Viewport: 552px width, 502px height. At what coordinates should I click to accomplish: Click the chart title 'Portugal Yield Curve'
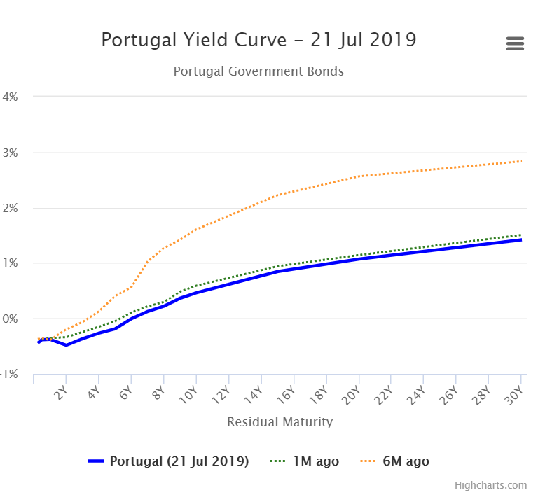(x=194, y=40)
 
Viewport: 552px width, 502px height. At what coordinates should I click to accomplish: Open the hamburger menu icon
(x=515, y=43)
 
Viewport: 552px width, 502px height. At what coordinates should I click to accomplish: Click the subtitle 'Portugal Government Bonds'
(x=258, y=71)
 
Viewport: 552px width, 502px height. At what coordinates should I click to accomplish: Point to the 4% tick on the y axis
(x=10, y=97)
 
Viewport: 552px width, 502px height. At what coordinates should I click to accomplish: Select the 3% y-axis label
(x=10, y=153)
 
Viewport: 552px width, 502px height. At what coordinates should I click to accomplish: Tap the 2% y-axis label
(x=10, y=208)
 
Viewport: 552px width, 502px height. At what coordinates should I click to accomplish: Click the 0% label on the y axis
(x=10, y=319)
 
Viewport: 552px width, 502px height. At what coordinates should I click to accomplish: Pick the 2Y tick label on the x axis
(x=60, y=393)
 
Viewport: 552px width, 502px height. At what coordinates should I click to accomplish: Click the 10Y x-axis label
(x=188, y=395)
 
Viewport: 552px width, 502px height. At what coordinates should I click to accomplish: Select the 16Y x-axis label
(x=286, y=395)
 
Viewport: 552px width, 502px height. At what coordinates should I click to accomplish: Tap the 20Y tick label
(x=351, y=395)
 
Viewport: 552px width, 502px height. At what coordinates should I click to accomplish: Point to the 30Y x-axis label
(x=514, y=395)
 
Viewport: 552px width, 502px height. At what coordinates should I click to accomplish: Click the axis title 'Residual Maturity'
(x=280, y=421)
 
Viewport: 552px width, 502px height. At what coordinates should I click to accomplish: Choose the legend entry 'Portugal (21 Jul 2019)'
(x=168, y=461)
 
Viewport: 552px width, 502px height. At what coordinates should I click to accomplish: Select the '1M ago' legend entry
(x=305, y=461)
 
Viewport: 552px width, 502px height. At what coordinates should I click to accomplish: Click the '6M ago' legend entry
(x=394, y=461)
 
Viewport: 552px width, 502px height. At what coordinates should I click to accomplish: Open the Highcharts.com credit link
(x=491, y=485)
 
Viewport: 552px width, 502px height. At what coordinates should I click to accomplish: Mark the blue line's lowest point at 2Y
(x=66, y=345)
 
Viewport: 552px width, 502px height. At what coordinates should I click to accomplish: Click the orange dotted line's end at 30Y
(x=521, y=161)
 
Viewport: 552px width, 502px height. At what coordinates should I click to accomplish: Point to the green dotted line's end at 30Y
(x=521, y=235)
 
